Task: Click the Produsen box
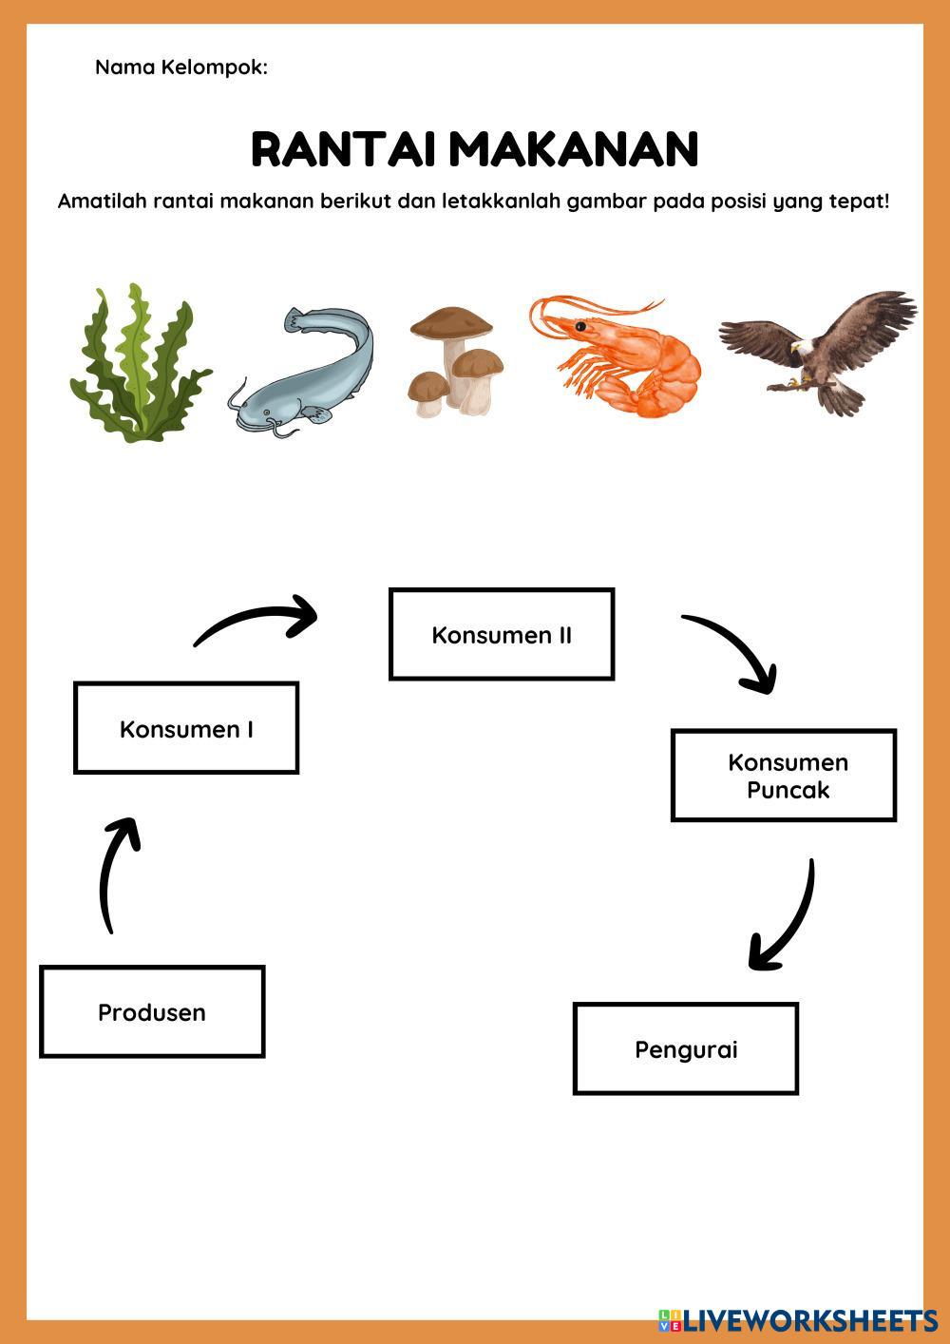pos(152,1011)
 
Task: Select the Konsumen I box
pos(186,728)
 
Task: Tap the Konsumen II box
pos(502,634)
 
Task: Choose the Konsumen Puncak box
pos(784,775)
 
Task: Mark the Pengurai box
pos(686,1048)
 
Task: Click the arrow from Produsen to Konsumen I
pos(116,874)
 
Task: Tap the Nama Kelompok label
pos(180,67)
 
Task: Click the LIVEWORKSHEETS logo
pos(798,1319)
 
